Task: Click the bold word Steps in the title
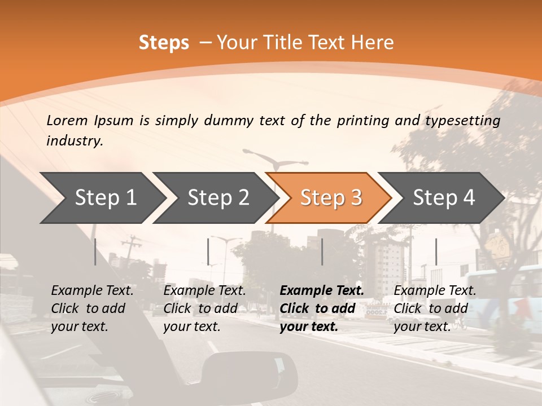click(x=164, y=43)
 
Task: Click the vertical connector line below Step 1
click(x=95, y=251)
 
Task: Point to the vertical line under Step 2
click(x=208, y=251)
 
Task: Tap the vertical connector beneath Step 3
click(x=322, y=251)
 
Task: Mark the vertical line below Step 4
click(x=436, y=251)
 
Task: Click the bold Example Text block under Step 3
click(x=322, y=308)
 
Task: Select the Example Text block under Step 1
click(x=92, y=308)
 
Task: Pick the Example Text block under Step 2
click(x=204, y=308)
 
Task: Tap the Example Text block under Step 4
click(x=435, y=308)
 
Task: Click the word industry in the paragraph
click(x=74, y=141)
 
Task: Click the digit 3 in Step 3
click(x=356, y=198)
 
